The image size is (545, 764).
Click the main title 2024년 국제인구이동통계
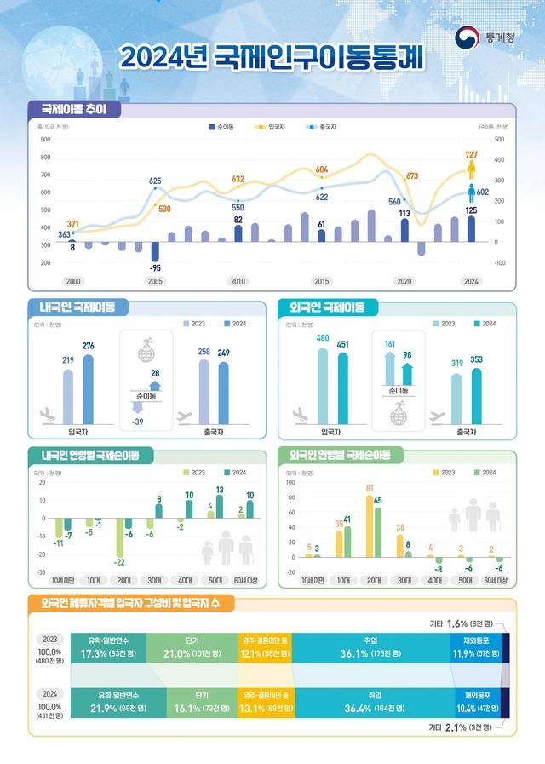tap(272, 56)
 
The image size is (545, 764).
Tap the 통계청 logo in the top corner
tap(481, 38)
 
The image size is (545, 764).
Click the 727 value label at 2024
tap(471, 154)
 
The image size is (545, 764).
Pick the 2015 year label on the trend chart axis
tap(321, 281)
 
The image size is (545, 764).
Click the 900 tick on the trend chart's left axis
tap(45, 139)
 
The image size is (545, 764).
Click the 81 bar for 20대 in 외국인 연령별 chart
tap(370, 525)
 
